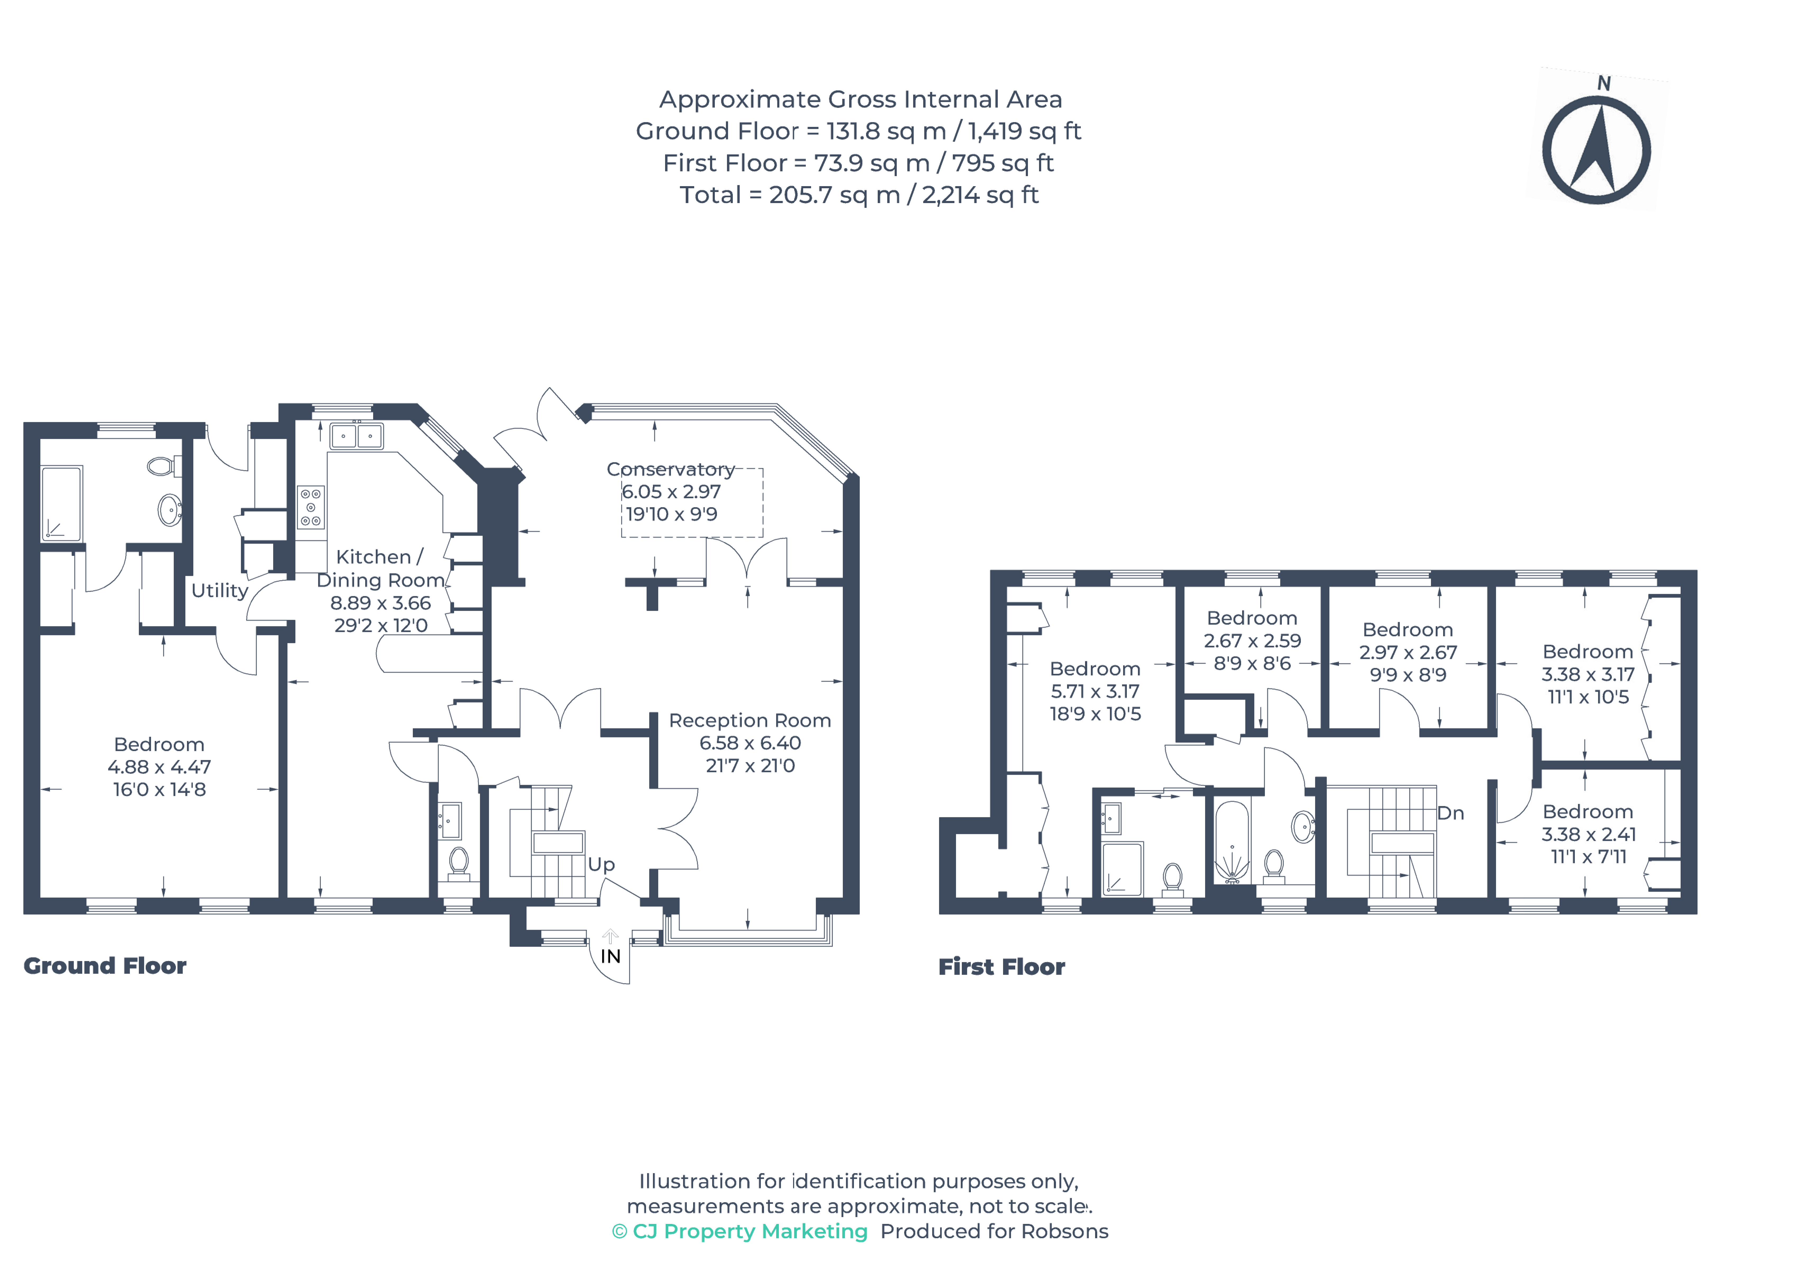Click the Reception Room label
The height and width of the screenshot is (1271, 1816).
(x=750, y=721)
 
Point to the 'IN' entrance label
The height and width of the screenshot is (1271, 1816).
(x=611, y=956)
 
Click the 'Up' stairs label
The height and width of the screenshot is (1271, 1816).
(x=601, y=864)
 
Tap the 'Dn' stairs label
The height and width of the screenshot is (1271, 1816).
(x=1451, y=813)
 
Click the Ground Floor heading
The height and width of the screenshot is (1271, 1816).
(x=105, y=966)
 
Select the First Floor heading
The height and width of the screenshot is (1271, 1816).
(x=1001, y=966)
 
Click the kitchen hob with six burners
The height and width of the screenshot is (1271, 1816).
(x=311, y=506)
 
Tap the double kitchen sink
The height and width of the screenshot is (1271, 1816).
(x=357, y=436)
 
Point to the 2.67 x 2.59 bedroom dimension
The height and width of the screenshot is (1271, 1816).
(x=1252, y=641)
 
